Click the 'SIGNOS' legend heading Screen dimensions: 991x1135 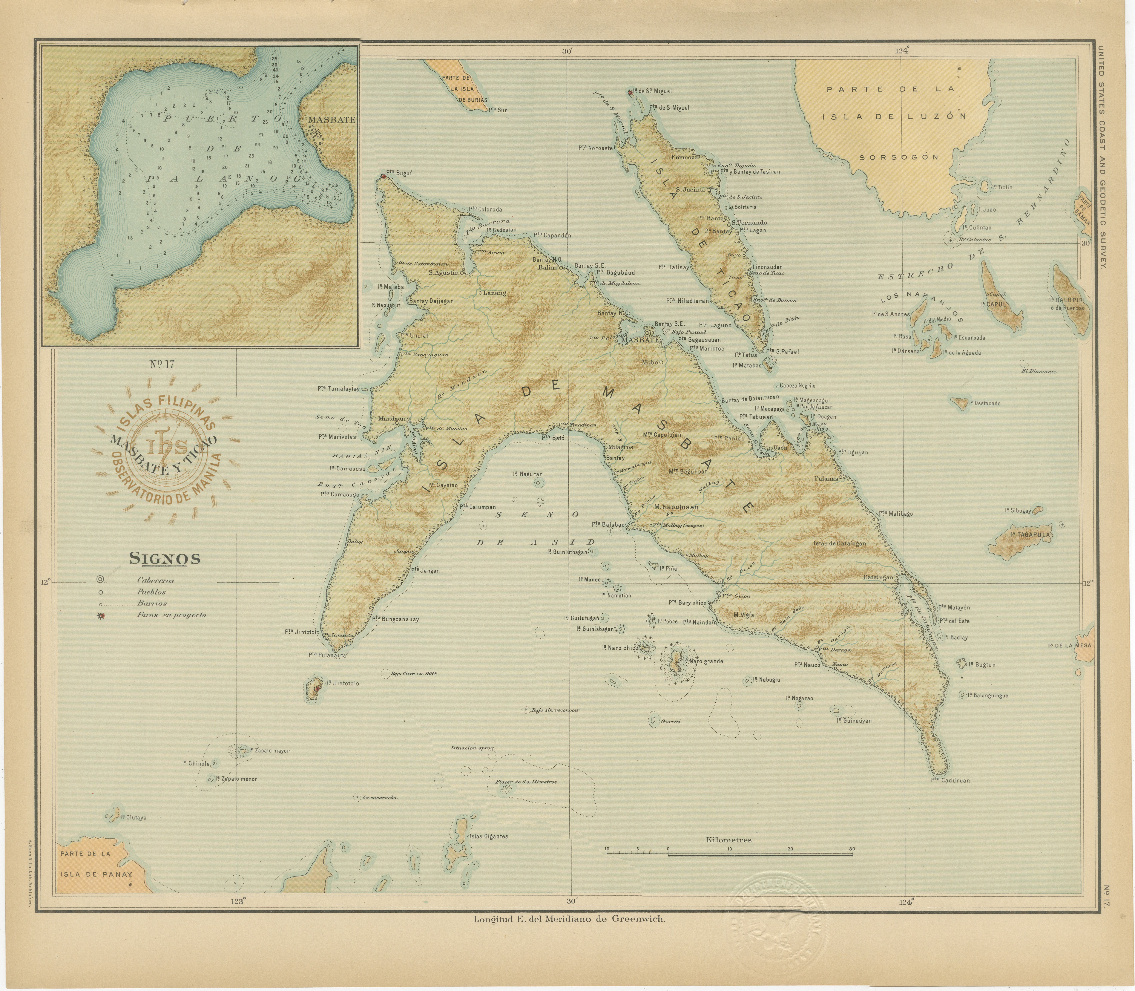pyautogui.click(x=165, y=559)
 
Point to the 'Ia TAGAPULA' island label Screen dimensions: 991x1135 pyautogui.click(x=1030, y=535)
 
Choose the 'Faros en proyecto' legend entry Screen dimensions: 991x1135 pyautogui.click(x=172, y=614)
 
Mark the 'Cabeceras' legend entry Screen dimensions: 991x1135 pyautogui.click(x=155, y=580)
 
